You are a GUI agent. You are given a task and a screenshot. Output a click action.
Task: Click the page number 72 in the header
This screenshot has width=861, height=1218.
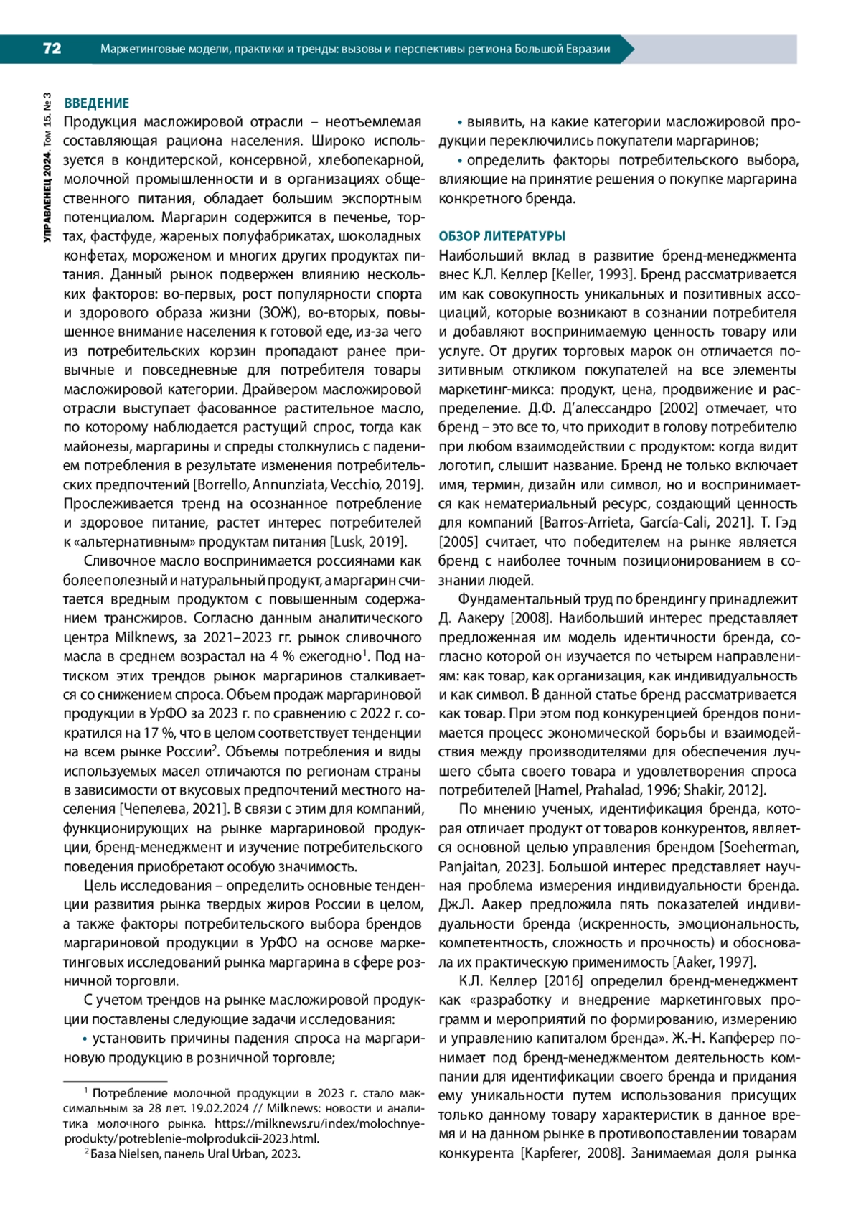click(x=52, y=49)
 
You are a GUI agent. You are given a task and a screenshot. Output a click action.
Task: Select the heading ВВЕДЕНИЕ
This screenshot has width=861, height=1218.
click(x=97, y=103)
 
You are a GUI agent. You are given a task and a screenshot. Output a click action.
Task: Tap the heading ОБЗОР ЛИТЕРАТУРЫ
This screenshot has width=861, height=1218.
click(x=502, y=236)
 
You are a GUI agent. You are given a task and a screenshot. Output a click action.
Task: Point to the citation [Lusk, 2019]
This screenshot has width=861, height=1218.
click(x=367, y=542)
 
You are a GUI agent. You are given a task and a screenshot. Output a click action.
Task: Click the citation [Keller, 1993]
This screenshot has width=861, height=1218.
click(x=593, y=274)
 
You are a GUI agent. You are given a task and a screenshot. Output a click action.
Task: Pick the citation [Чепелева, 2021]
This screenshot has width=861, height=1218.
click(x=173, y=810)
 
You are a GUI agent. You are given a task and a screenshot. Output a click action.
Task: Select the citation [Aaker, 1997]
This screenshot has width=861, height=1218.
click(x=713, y=962)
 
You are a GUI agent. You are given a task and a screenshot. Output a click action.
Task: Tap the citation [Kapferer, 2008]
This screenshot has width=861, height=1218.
click(x=570, y=1153)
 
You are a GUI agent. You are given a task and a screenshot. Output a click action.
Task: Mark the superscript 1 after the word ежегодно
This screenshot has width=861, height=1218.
click(x=365, y=652)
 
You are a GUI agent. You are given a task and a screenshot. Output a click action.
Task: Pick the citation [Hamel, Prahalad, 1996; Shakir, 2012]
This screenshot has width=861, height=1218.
click(x=650, y=790)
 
